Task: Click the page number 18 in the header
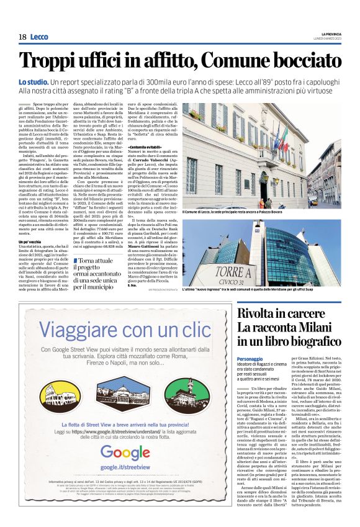(22, 37)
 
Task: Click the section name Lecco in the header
(39, 37)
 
